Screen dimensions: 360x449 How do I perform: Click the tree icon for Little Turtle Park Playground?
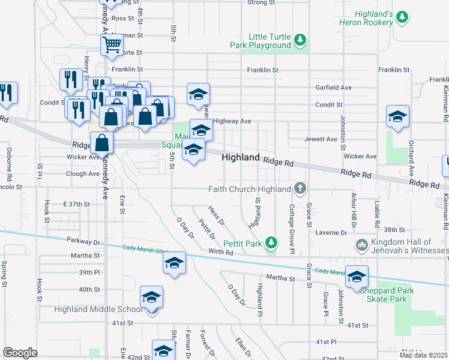point(300,41)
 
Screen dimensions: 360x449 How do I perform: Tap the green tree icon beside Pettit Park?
point(272,242)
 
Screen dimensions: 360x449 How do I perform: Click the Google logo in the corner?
point(20,352)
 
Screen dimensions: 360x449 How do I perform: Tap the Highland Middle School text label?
point(98,310)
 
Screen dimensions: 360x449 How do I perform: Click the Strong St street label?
point(261,2)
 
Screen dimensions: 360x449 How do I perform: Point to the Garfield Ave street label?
point(334,87)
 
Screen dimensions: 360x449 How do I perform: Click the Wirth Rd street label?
point(220,252)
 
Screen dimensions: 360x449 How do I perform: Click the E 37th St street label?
point(76,205)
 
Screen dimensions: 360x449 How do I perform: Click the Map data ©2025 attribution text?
point(423,355)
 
